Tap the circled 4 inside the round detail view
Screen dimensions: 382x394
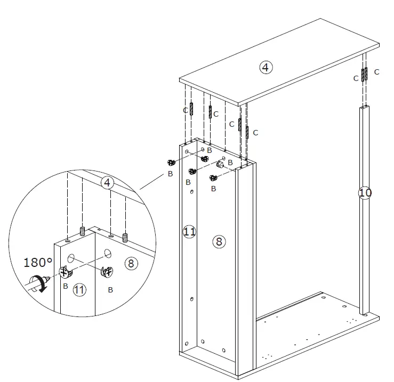point(108,183)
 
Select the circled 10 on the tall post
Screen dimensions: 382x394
point(365,192)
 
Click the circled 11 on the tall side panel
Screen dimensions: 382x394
point(189,231)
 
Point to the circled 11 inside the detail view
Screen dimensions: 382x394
point(79,290)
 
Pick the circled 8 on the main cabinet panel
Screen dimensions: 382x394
point(219,241)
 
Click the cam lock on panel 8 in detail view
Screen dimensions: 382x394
point(107,272)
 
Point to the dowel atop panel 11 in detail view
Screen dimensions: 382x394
point(83,232)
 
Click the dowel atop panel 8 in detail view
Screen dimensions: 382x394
point(125,236)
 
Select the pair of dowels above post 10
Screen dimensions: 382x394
point(364,75)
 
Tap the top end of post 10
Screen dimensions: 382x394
point(364,108)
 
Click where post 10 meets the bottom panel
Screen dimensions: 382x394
point(365,314)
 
